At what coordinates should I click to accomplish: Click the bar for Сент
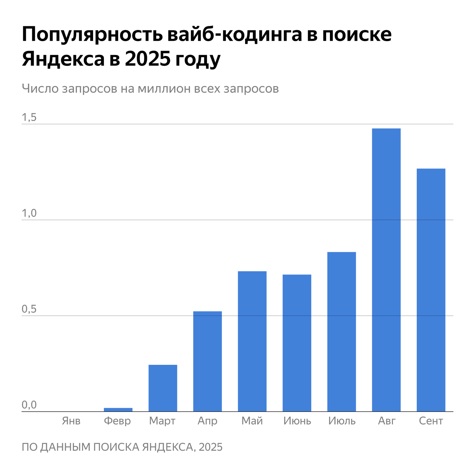pos(431,290)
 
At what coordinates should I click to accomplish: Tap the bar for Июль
pos(341,332)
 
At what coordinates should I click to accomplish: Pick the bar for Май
pos(252,341)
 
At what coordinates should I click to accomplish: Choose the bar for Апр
pos(207,361)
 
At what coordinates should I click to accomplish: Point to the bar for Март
pos(163,388)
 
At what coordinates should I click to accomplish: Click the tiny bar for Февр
pos(118,410)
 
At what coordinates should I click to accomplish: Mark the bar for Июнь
pos(297,343)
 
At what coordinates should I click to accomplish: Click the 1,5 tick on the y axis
pos(29,118)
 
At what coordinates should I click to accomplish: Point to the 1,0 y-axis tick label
pos(29,214)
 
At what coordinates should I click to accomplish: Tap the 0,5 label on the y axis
pos(29,310)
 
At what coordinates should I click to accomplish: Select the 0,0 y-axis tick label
pos(29,405)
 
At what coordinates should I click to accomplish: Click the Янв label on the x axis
pos(71,421)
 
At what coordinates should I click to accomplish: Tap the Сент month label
pos(431,421)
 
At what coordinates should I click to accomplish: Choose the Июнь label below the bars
pos(297,421)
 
